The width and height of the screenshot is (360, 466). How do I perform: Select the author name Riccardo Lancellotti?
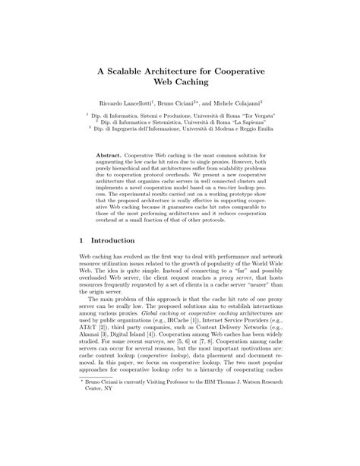click(x=130, y=101)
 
